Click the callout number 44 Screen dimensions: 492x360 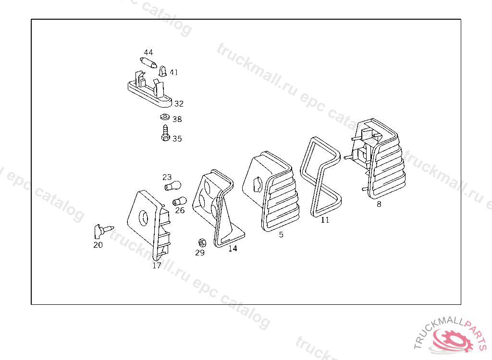pos(148,52)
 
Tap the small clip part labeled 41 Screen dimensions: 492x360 pos(163,71)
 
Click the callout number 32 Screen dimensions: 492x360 pos(179,104)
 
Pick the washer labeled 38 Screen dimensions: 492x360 pos(164,117)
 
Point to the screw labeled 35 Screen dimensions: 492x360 pos(165,133)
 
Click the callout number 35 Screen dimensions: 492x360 pos(177,139)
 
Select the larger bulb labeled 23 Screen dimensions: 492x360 pos(173,186)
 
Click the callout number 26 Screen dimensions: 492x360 pos(180,210)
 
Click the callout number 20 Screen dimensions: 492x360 pos(98,245)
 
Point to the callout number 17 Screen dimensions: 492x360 pos(157,265)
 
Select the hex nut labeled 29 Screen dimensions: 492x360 pos(202,242)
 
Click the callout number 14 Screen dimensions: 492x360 pos(233,249)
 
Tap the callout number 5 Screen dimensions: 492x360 pos(281,235)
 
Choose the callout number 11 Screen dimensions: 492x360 pos(325,220)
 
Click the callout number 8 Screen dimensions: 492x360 pos(379,204)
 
